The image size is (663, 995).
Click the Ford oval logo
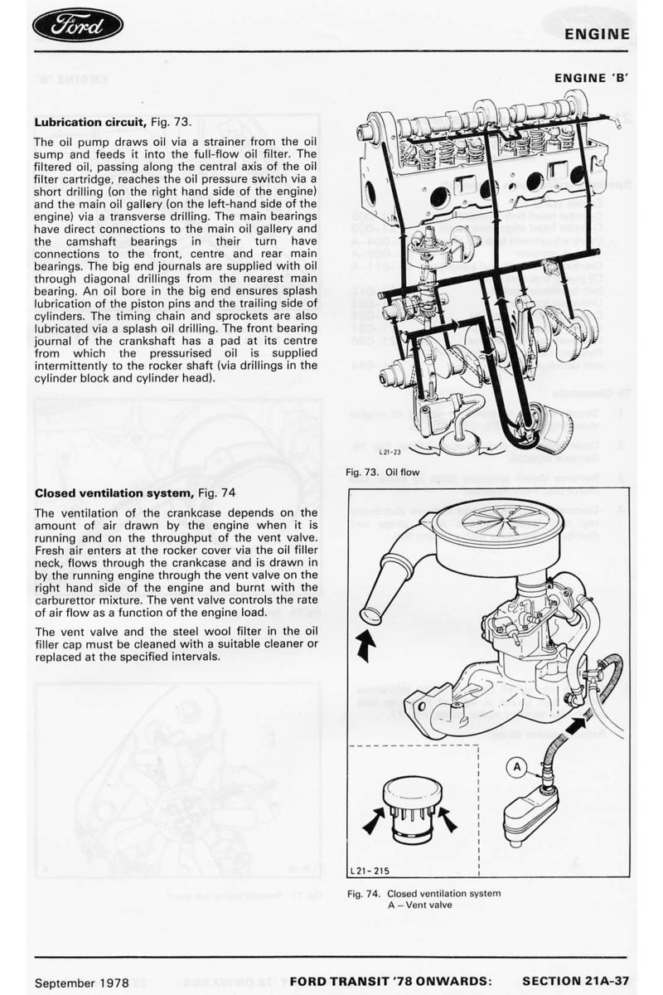[x=78, y=27]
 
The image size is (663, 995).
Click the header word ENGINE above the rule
[x=597, y=34]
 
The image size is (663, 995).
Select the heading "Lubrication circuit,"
[x=91, y=122]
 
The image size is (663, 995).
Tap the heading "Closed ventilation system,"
[x=114, y=493]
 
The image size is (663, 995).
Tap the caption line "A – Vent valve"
[x=420, y=905]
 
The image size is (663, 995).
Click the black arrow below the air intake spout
[x=365, y=644]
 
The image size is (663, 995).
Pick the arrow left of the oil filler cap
[x=374, y=822]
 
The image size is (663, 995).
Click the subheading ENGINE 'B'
[x=592, y=78]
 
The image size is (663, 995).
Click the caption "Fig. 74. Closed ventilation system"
[x=423, y=893]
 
